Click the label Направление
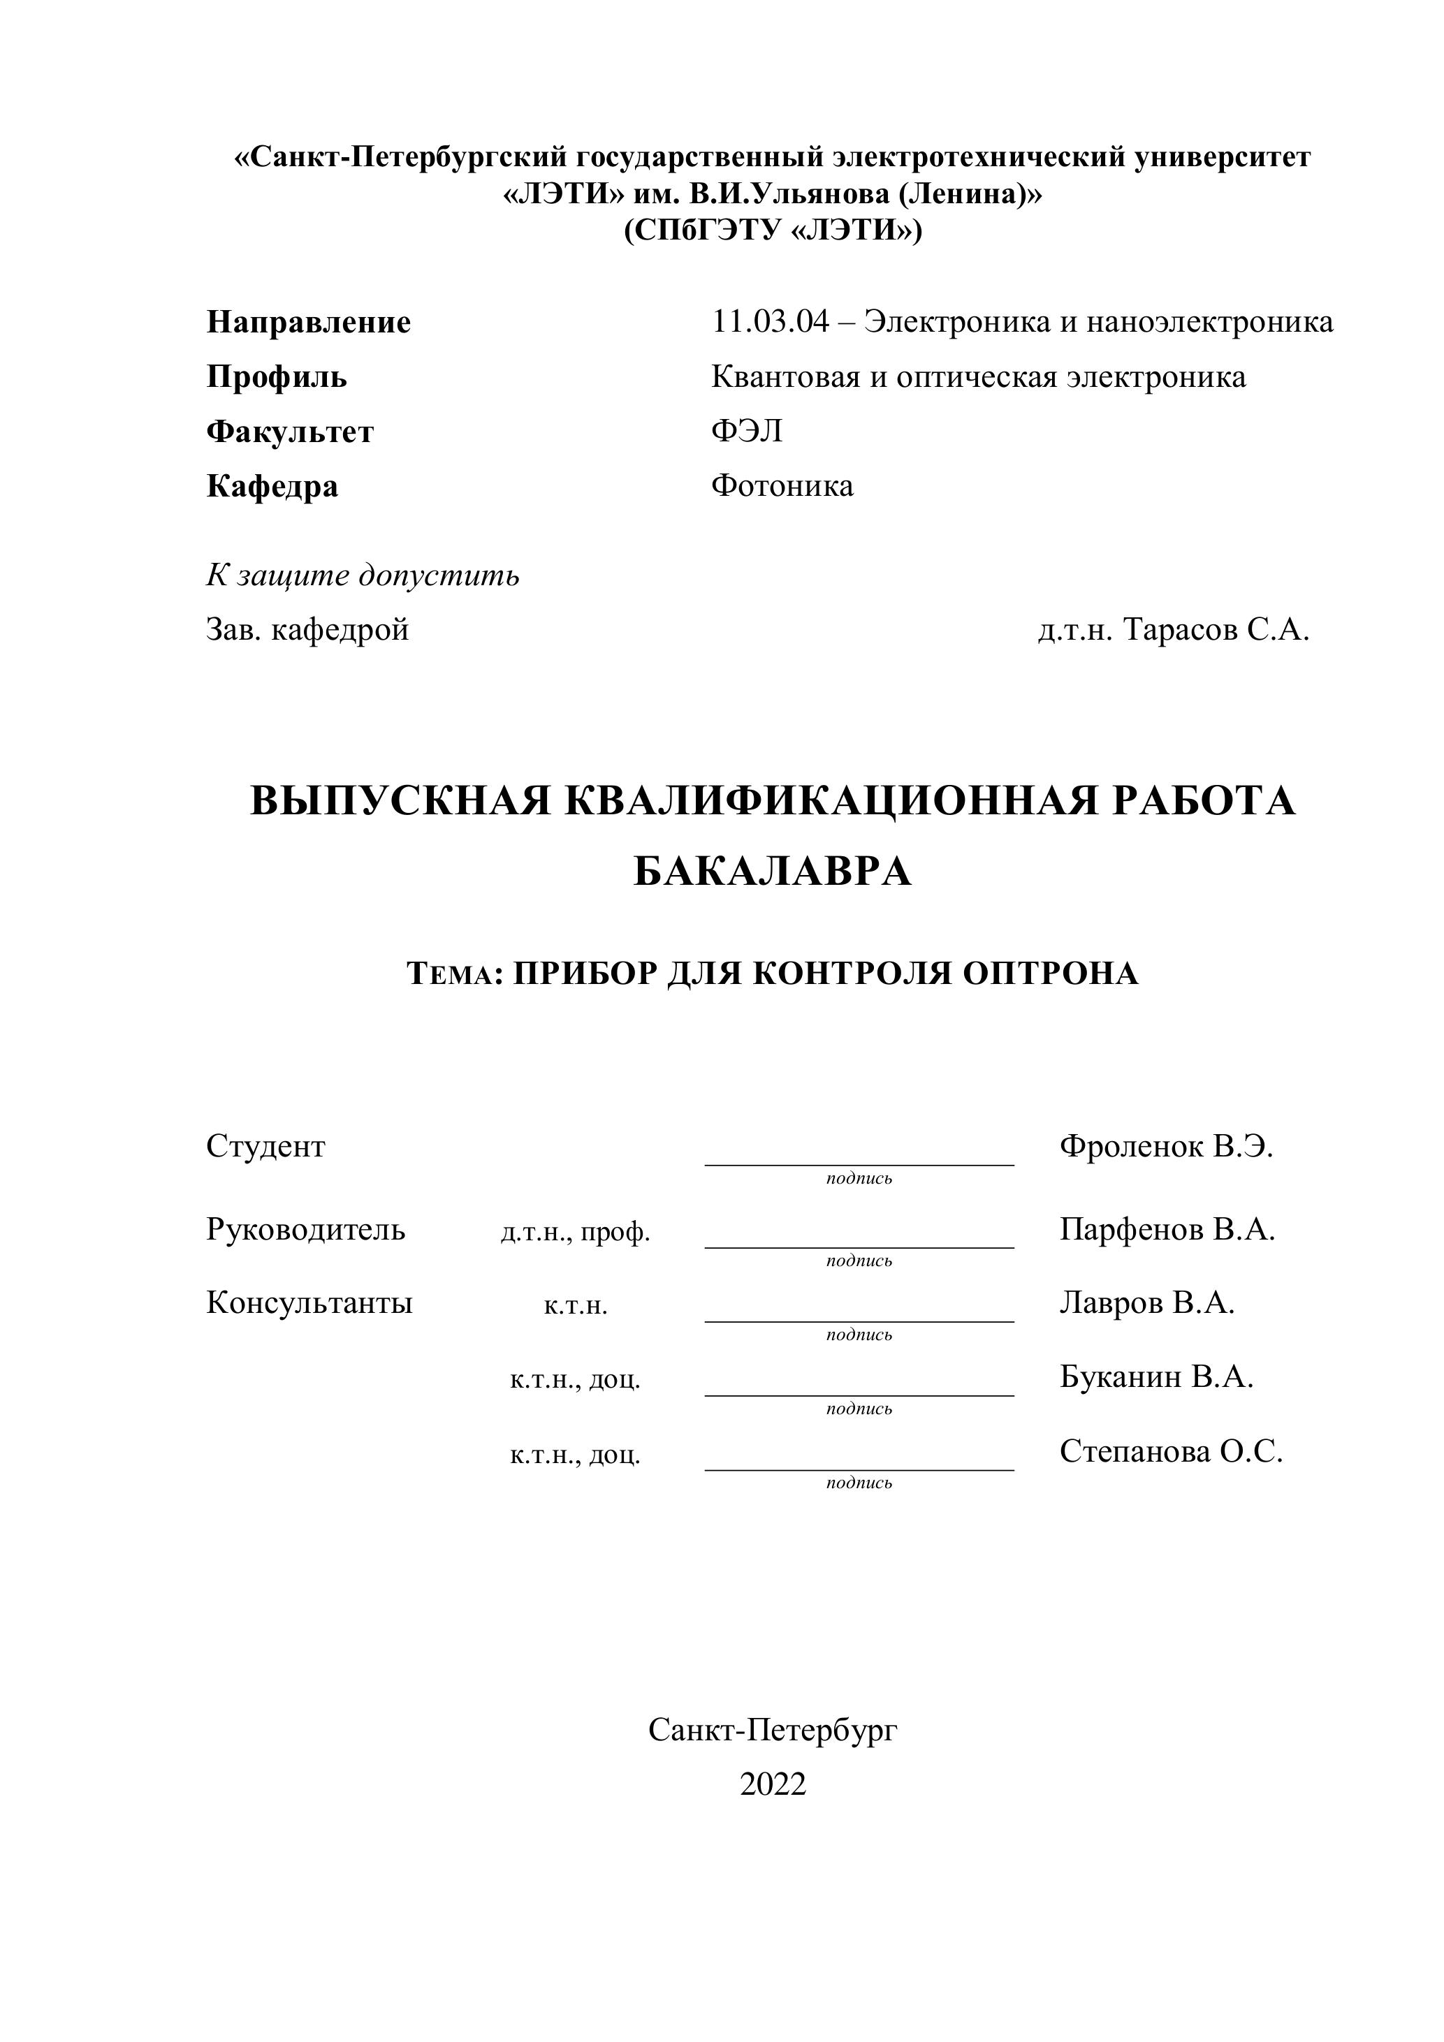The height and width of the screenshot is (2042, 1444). pos(308,322)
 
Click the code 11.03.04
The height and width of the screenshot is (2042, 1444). pos(770,321)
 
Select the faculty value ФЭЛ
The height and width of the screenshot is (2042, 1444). pos(747,432)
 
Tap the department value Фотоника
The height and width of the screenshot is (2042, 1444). pos(782,485)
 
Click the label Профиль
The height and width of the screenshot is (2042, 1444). pos(277,377)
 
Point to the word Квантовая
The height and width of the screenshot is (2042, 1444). pos(784,377)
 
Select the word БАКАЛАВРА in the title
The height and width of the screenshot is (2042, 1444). pos(772,872)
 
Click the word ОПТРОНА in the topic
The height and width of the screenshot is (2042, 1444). pos(1051,974)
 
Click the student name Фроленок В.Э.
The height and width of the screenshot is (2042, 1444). pos(1167,1147)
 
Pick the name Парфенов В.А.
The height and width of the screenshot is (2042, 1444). pos(1167,1229)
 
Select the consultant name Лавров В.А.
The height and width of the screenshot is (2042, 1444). pos(1147,1303)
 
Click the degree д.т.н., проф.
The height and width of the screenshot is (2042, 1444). pos(576,1232)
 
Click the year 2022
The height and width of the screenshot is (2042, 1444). pos(772,1784)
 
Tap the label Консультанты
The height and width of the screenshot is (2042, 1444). pos(309,1303)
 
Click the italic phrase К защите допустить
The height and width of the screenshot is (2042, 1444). pos(363,575)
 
